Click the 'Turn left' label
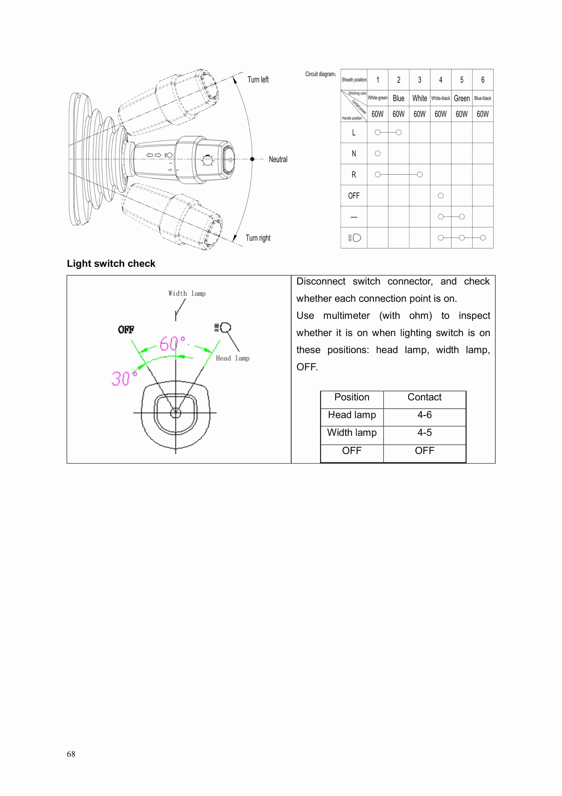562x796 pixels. [258, 80]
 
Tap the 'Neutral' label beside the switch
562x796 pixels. [278, 160]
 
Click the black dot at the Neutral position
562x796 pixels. [252, 159]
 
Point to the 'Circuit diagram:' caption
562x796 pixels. [320, 74]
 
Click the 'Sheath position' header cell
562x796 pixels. [354, 80]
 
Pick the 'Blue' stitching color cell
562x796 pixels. [398, 99]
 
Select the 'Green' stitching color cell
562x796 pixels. [461, 99]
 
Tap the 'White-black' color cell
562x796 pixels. [440, 99]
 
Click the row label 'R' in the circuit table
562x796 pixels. [354, 175]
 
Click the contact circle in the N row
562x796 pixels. [378, 154]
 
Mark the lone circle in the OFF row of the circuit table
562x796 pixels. [441, 196]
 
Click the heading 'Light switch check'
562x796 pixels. [111, 264]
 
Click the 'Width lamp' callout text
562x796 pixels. [187, 294]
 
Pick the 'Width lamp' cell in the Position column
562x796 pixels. [352, 433]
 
